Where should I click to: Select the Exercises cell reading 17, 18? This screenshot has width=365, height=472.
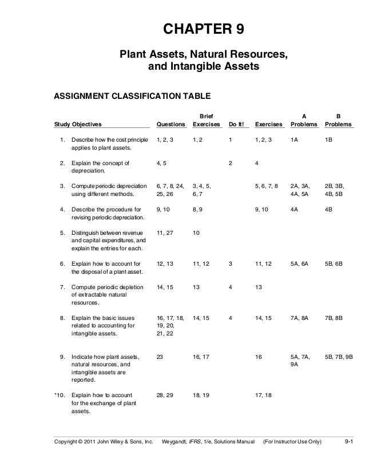[264, 395]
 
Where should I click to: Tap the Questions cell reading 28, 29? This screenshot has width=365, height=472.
[165, 395]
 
